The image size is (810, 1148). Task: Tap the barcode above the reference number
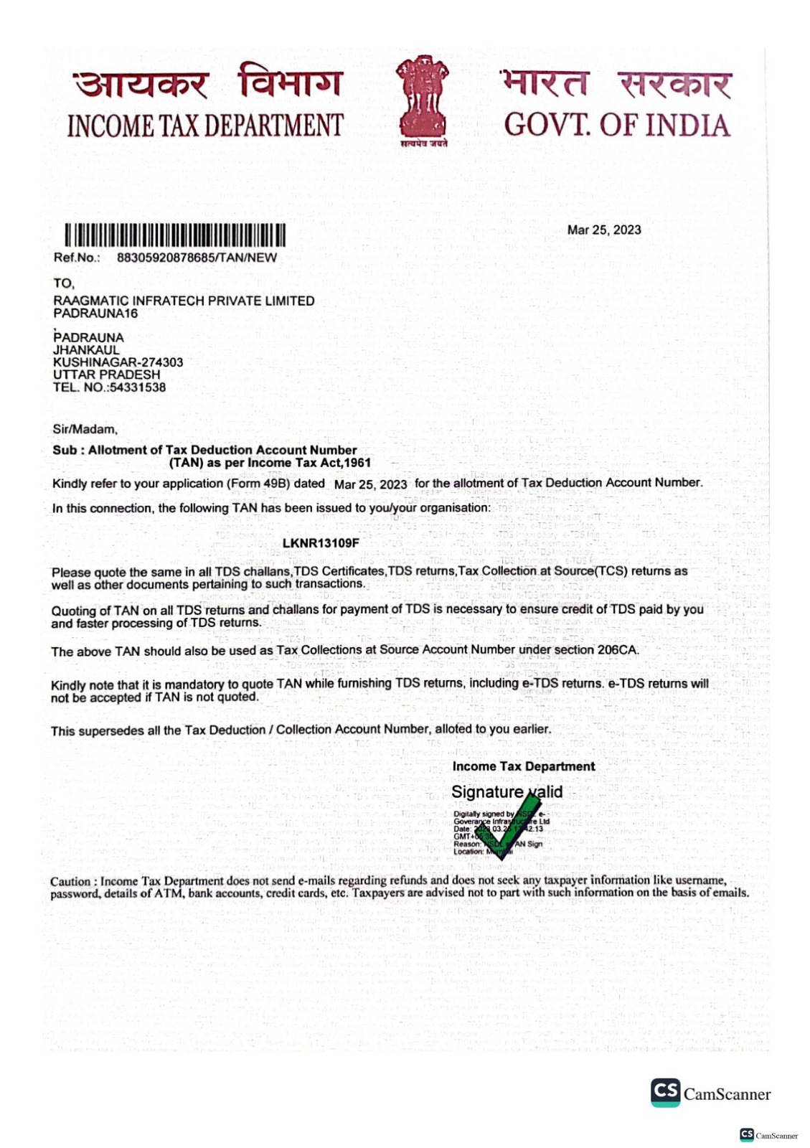click(175, 235)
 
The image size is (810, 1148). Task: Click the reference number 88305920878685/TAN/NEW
click(197, 258)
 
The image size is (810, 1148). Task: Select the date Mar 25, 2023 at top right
click(604, 230)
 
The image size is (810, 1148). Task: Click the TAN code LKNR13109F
click(321, 543)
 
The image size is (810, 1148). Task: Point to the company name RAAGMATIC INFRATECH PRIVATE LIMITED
click(184, 301)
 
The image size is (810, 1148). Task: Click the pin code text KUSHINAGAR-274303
click(118, 362)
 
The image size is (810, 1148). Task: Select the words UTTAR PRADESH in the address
click(106, 375)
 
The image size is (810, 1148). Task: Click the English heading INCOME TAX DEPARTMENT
click(205, 126)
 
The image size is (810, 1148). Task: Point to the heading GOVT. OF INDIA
click(616, 125)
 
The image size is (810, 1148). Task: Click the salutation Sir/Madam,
click(85, 429)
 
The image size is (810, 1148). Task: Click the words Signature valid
click(507, 792)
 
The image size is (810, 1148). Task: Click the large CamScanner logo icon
click(665, 1092)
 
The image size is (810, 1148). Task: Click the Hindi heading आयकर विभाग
click(208, 83)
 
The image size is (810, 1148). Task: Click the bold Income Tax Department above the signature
click(523, 766)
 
